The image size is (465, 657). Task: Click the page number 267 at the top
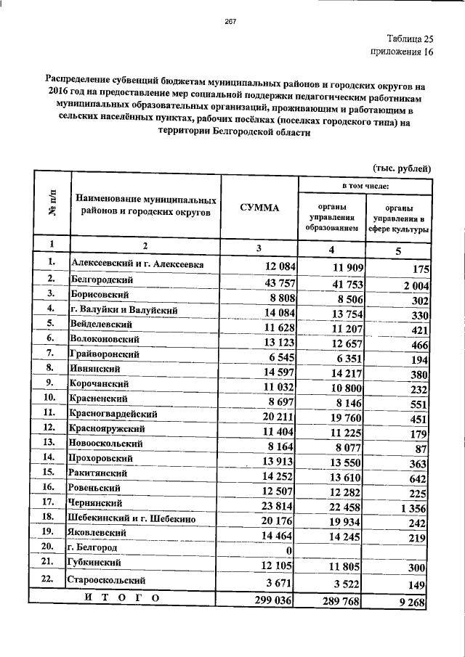click(x=232, y=22)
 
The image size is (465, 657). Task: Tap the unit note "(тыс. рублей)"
click(x=403, y=169)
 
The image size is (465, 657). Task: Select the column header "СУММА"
click(x=259, y=208)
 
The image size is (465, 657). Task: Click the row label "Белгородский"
click(x=101, y=279)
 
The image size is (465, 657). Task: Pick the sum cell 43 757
click(x=271, y=282)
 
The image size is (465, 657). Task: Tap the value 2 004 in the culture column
click(x=414, y=285)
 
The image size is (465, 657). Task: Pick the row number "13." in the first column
click(x=49, y=441)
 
